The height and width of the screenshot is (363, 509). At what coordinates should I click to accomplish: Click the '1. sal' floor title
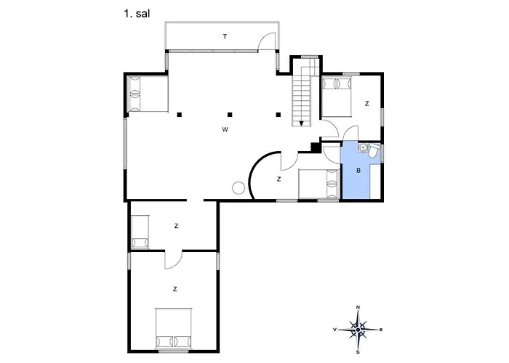137,14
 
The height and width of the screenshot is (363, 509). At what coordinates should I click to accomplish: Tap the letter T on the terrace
225,36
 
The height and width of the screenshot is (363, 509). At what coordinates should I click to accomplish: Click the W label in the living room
225,130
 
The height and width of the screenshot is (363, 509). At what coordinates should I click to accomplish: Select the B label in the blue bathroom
358,170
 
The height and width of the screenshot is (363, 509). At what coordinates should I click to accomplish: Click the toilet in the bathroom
374,151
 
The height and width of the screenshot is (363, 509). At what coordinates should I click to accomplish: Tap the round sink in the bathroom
363,148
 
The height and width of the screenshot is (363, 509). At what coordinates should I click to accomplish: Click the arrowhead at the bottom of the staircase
301,123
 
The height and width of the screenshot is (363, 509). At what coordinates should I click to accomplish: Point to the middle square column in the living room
230,115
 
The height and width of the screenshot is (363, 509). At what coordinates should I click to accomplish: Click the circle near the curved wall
239,187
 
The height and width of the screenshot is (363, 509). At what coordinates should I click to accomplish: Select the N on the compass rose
358,307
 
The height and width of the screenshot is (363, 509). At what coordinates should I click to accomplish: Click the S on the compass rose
358,352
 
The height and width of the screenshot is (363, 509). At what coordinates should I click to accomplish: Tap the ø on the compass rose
381,330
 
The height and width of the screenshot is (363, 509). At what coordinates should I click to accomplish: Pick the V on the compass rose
334,330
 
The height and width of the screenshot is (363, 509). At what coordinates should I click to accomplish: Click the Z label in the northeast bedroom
366,104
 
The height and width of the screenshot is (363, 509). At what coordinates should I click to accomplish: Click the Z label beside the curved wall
278,179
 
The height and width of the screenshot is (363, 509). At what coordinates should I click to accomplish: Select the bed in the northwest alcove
148,94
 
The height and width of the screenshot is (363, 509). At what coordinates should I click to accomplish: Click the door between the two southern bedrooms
173,260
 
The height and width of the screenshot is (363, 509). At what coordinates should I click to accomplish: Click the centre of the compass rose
358,330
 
